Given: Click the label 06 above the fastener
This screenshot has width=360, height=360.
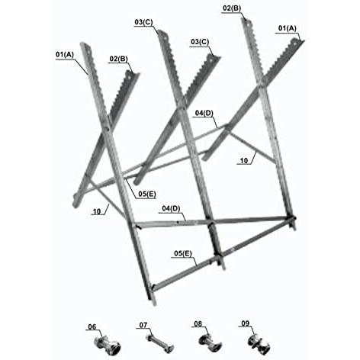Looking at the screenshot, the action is point(92,326).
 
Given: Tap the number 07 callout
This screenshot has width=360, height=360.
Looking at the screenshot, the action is point(143,325).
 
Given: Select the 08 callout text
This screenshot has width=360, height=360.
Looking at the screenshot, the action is point(198,323).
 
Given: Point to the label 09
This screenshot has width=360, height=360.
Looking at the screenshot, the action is point(246,323).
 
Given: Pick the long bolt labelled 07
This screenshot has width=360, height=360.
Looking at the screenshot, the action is point(159,343).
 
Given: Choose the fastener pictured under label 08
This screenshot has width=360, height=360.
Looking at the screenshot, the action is point(211,343).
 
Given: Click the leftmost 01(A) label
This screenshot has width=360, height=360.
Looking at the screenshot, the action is point(65,54).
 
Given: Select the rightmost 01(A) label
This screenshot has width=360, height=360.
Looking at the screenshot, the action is point(288,28).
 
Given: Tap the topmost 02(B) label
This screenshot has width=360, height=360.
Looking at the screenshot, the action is point(232,8).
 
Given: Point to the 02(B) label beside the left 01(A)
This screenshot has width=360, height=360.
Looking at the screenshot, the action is point(118,59).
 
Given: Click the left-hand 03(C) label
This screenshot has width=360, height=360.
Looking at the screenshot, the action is point(143,22).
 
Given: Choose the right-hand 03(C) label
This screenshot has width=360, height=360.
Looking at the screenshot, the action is point(200,42).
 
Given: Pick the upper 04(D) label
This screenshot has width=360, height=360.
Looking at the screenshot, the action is point(204,113).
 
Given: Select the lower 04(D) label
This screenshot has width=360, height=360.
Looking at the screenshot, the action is point(171,208).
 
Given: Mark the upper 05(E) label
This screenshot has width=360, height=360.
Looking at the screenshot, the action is point(147,194).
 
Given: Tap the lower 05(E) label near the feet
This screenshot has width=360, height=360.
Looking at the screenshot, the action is point(183,253).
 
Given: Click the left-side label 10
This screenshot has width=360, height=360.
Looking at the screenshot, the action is point(97,211).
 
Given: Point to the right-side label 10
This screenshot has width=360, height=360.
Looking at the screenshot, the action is point(243,161).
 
